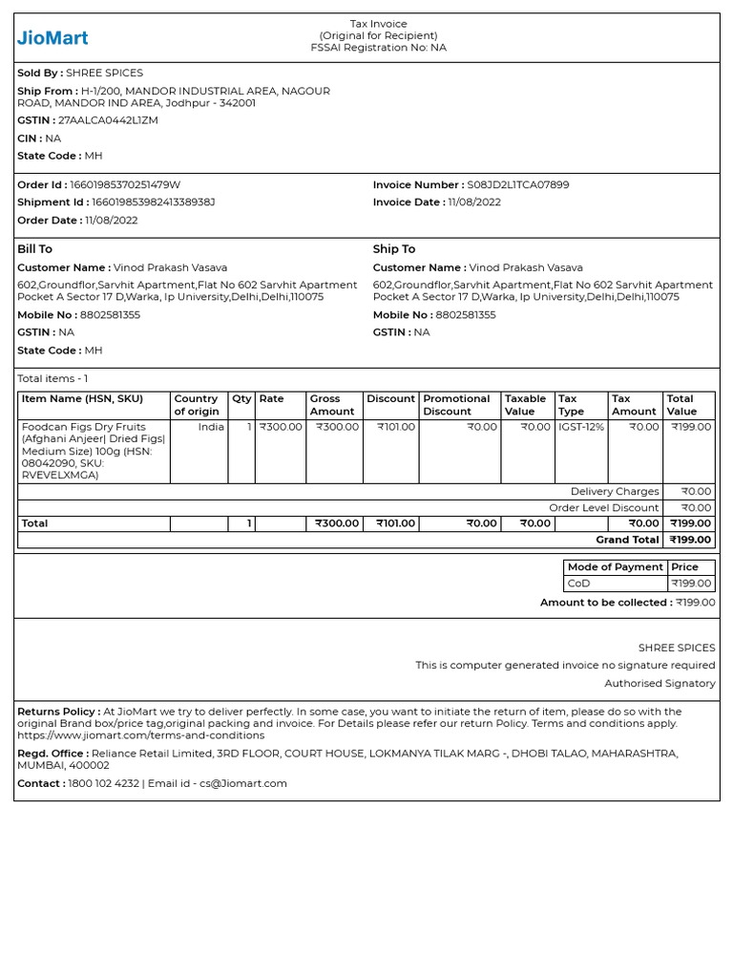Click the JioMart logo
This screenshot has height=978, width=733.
pyautogui.click(x=52, y=38)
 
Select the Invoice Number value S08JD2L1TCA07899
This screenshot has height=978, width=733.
pyautogui.click(x=517, y=184)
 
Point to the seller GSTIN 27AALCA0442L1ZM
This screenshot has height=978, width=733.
pyautogui.click(x=108, y=120)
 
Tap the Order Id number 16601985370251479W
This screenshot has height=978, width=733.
pyautogui.click(x=125, y=184)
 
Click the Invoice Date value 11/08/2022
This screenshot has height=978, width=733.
pyautogui.click(x=473, y=202)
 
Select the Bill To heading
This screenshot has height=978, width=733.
pyautogui.click(x=35, y=249)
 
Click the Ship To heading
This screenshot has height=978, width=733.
pyautogui.click(x=394, y=249)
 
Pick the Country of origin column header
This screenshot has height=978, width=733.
pyautogui.click(x=197, y=405)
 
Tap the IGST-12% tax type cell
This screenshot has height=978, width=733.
pyautogui.click(x=580, y=427)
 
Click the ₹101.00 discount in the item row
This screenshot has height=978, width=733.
pyautogui.click(x=396, y=427)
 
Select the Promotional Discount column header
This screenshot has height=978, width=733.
pyautogui.click(x=456, y=405)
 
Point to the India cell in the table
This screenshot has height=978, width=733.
pyautogui.click(x=211, y=427)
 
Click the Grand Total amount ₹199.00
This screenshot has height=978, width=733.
pyautogui.click(x=690, y=540)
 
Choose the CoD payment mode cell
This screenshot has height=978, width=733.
pyautogui.click(x=579, y=584)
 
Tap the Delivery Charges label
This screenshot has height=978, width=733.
pyautogui.click(x=615, y=492)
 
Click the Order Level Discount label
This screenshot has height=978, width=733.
pyautogui.click(x=603, y=508)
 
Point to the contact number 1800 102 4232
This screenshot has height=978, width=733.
pyautogui.click(x=103, y=783)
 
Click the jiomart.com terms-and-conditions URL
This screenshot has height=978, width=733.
pyautogui.click(x=140, y=735)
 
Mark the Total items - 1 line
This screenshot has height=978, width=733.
pyautogui.click(x=52, y=379)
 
